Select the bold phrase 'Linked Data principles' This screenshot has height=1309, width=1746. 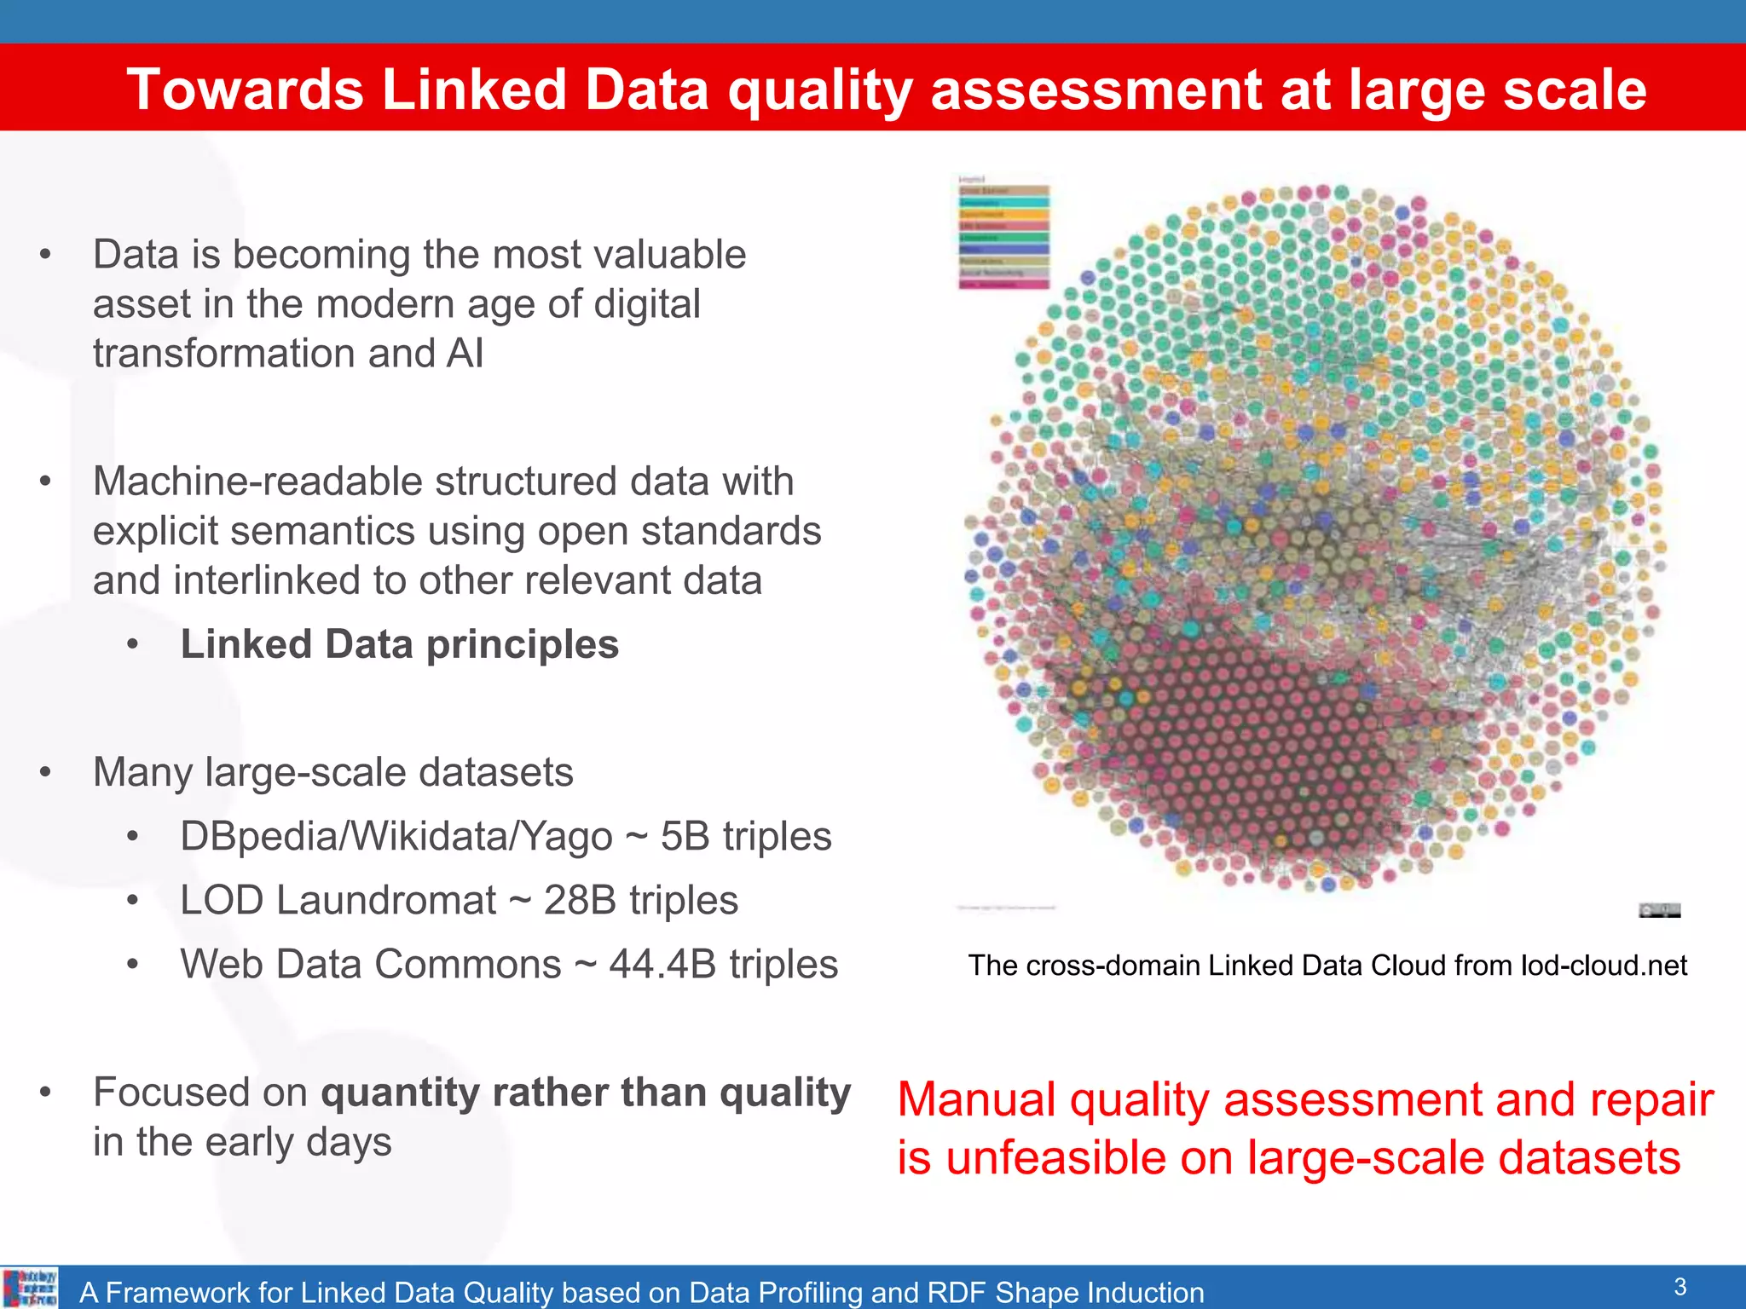pyautogui.click(x=399, y=644)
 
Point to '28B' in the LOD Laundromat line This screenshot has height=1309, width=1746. pyautogui.click(x=580, y=901)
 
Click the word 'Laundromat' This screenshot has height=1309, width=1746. pyautogui.click(x=386, y=901)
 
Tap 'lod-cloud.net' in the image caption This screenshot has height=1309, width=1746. pyautogui.click(x=1604, y=966)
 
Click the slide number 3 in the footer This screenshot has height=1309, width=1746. pyautogui.click(x=1680, y=1286)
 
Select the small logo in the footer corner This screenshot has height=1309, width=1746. pyautogui.click(x=30, y=1288)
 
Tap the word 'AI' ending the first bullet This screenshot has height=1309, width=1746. pyautogui.click(x=464, y=354)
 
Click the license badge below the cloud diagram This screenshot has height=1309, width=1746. pyautogui.click(x=1659, y=910)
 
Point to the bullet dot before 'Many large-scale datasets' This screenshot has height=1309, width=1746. pyautogui.click(x=46, y=773)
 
